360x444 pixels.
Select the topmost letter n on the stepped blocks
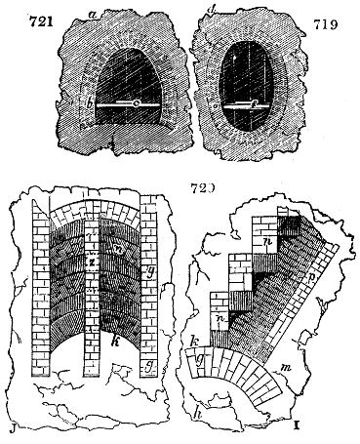[x=266, y=239]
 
